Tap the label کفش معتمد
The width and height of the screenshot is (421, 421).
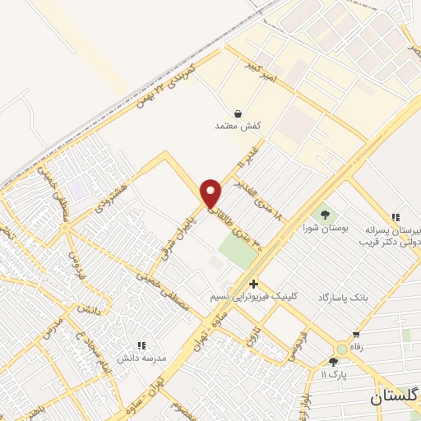238,126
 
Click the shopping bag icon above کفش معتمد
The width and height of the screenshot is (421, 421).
238,113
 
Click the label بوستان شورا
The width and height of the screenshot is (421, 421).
321,226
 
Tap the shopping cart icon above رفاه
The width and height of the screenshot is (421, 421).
355,335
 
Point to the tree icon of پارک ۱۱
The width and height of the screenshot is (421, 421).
332,362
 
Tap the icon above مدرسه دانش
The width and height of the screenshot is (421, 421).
141,345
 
